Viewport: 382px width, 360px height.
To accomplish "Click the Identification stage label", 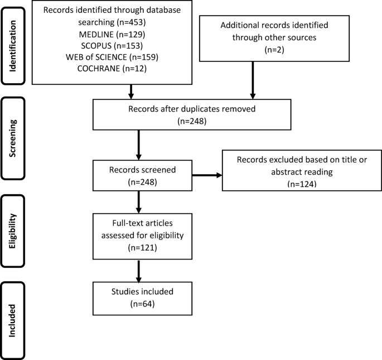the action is (13, 46).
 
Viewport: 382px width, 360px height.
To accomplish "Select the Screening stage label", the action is (13, 138).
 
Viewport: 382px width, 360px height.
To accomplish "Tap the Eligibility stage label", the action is (13, 231).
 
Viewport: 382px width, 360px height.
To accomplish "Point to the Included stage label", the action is (12, 320).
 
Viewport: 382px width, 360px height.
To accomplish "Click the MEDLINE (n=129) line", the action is (112, 35).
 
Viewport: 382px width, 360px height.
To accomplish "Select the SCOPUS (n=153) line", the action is (112, 46).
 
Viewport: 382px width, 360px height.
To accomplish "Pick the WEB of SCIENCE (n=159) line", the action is (112, 57).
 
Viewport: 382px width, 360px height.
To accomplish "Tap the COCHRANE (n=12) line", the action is (112, 69).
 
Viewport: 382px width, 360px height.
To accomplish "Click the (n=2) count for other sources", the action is (274, 50).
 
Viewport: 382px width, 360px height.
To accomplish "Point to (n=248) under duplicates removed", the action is (192, 121).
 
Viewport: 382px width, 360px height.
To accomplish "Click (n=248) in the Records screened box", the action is (143, 182).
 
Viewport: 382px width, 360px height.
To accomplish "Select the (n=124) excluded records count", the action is (302, 184).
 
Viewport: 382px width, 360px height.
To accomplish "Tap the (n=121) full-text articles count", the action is (143, 248).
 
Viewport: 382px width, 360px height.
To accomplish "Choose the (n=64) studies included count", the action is (143, 304).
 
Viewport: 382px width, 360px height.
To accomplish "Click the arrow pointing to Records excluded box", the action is (207, 175).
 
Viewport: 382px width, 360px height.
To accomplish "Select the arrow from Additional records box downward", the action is (253, 80).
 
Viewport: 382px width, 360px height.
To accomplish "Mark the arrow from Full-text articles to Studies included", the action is (139, 271).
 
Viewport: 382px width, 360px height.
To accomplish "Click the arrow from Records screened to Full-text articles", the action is (139, 202).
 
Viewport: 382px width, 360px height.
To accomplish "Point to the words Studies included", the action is (143, 291).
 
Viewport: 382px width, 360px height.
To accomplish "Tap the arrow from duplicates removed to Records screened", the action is (139, 145).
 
